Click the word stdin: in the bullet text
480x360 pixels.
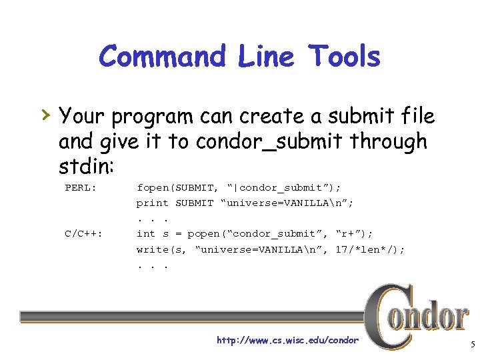point(84,165)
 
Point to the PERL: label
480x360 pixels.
point(81,187)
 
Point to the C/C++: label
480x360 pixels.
point(83,233)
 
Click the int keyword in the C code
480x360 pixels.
point(145,233)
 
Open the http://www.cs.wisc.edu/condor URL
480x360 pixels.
point(287,341)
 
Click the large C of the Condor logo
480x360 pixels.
point(383,317)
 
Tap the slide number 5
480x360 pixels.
point(472,345)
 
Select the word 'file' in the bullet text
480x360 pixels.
point(417,117)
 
